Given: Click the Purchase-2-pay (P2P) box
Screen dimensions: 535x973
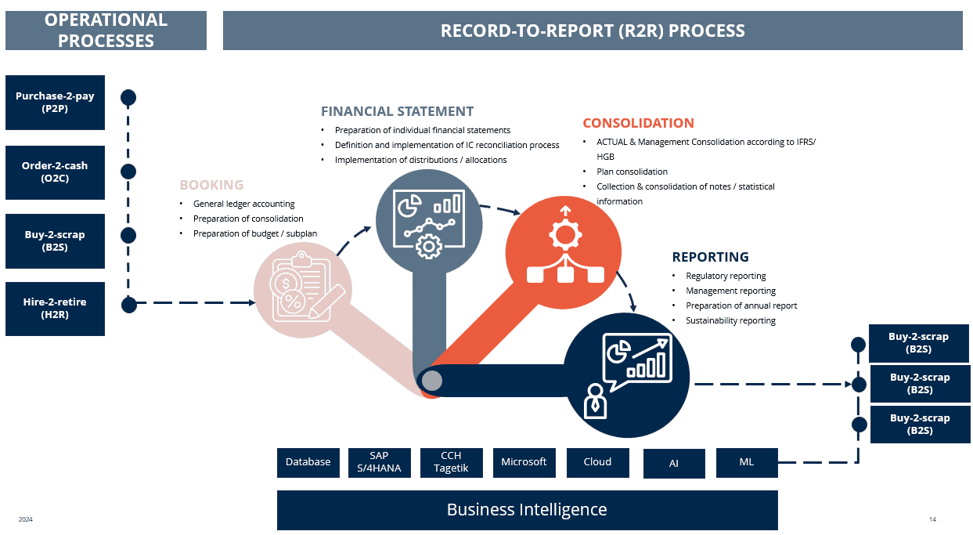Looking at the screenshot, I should (x=55, y=102).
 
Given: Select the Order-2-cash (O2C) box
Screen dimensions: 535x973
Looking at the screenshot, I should (x=55, y=172).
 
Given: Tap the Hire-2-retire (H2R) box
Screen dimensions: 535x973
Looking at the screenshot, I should (x=55, y=308).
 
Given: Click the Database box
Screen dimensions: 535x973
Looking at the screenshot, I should (x=308, y=462).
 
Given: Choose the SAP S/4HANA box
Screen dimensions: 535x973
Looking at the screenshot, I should (x=380, y=462).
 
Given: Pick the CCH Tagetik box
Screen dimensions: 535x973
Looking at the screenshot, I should (x=451, y=462).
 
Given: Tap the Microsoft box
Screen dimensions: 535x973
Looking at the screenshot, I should (x=524, y=462).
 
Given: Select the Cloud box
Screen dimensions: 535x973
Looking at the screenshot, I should (x=597, y=462).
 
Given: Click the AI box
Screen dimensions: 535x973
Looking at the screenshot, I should (x=674, y=464).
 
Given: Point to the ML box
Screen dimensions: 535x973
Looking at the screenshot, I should (x=747, y=462).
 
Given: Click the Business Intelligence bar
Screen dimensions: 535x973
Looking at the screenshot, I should (x=527, y=510).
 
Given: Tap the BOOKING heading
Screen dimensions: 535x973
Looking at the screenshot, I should (x=211, y=186).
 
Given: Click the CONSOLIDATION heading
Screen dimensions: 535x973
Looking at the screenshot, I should (x=638, y=123).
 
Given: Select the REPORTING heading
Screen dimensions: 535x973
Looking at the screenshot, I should (x=710, y=257).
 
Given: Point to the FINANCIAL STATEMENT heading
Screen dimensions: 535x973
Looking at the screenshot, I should (x=397, y=111).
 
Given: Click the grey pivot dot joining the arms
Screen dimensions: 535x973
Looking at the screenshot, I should (x=432, y=381).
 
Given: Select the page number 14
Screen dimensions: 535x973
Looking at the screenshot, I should (x=932, y=519).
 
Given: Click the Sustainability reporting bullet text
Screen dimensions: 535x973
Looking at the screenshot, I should (x=730, y=320).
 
